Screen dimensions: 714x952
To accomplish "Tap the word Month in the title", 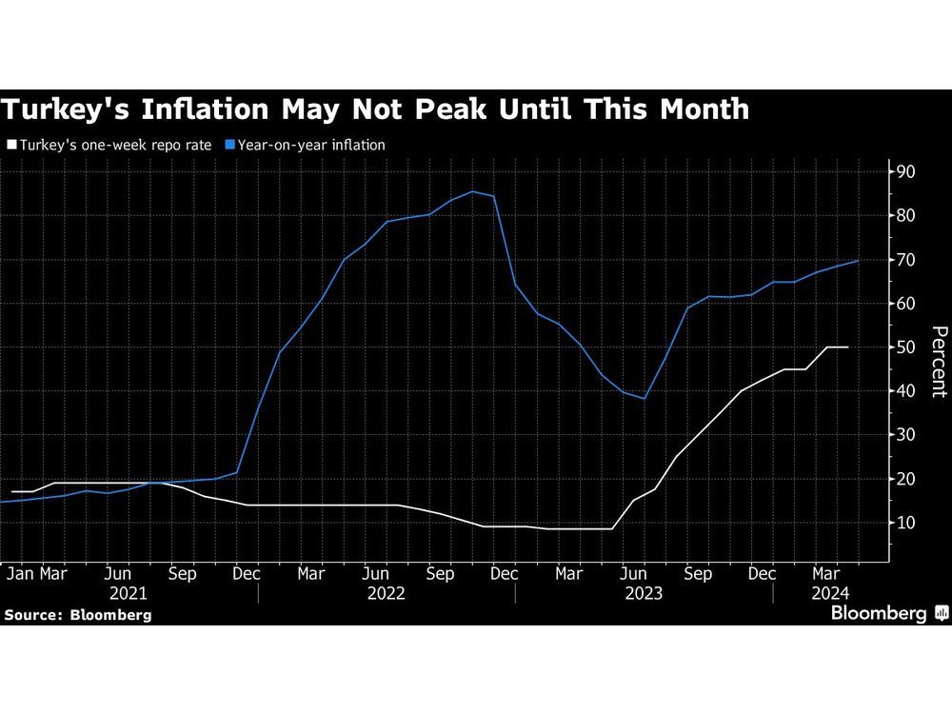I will pos(694,109).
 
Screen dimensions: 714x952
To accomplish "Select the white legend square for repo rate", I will pos(10,146).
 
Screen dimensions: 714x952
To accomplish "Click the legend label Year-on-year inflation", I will pos(304,146).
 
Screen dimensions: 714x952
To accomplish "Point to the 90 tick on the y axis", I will pos(902,172).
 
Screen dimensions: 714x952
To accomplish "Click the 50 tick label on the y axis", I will pos(902,347).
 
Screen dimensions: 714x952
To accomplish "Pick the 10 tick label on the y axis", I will pos(902,523).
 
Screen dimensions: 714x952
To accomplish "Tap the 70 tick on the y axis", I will pos(902,260).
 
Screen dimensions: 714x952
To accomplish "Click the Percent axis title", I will pos(938,361).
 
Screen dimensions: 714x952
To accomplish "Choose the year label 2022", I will pos(386,593).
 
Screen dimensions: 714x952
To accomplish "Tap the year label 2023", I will pos(644,593).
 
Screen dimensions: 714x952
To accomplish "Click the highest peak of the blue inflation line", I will pos(472,191).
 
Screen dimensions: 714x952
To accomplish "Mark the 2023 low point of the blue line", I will pos(645,398).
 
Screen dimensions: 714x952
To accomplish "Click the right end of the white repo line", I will pos(847,347).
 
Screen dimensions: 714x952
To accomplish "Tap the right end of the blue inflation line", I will pos(859,260).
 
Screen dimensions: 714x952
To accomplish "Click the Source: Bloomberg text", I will pos(77,615).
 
